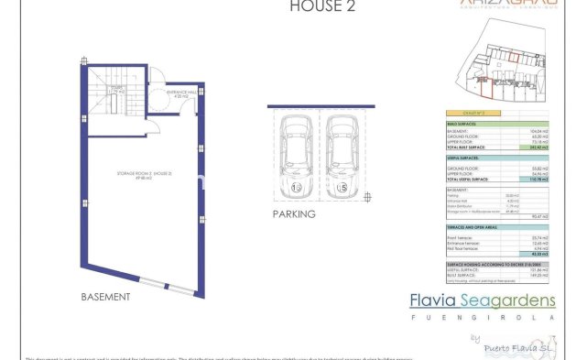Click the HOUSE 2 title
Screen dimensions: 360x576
[316, 6]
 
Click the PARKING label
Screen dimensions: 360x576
[293, 214]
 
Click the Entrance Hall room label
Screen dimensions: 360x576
[181, 93]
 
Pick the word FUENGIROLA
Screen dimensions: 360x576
[481, 320]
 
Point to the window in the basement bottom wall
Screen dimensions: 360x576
[179, 291]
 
